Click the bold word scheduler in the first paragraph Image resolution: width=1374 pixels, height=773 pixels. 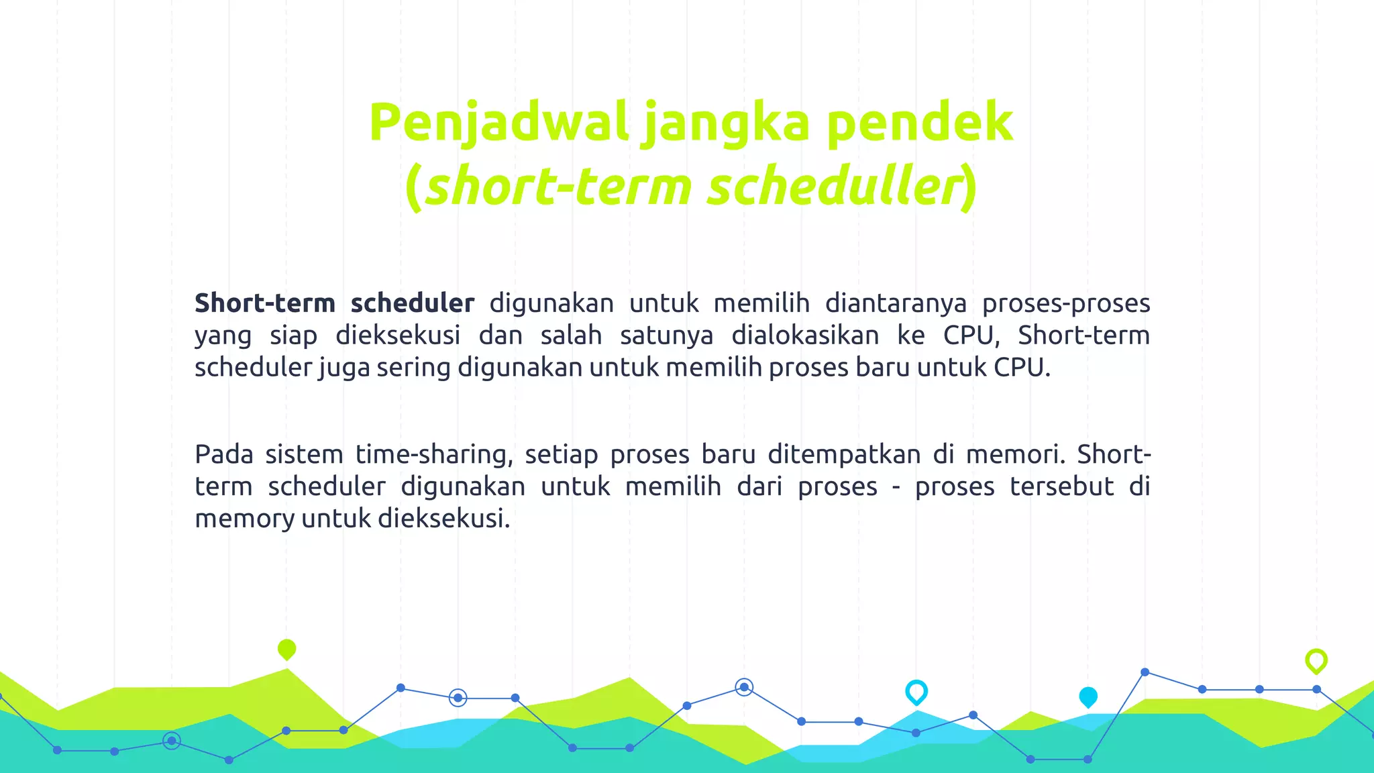pyautogui.click(x=412, y=303)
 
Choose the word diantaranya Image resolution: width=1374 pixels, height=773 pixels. pyautogui.click(x=896, y=303)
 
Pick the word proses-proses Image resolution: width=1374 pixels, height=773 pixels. pyautogui.click(x=1066, y=303)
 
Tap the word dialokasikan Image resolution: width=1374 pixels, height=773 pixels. pyautogui.click(x=805, y=335)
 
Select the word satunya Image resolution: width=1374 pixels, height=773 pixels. pyautogui.click(x=666, y=335)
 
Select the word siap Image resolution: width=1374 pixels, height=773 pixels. pyautogui.click(x=293, y=335)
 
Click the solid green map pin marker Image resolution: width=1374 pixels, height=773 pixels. pyautogui.click(x=286, y=649)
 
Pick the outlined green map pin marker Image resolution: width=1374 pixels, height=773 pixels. pyautogui.click(x=1316, y=661)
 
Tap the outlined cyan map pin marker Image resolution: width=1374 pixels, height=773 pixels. pyautogui.click(x=916, y=692)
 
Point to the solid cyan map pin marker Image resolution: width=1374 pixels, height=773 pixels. pyautogui.click(x=1088, y=697)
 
